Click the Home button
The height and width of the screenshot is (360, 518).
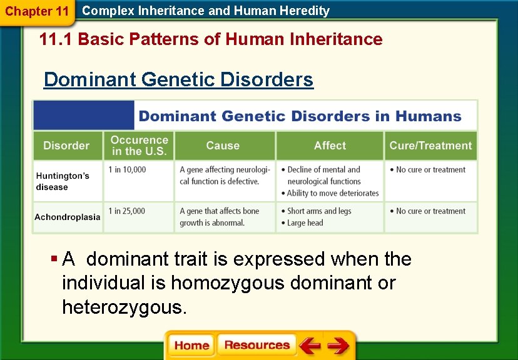[191, 346]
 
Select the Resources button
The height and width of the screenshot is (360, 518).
[257, 346]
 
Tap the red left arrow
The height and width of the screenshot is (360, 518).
[309, 346]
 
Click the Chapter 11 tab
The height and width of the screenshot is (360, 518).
[37, 11]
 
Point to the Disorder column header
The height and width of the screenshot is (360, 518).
[66, 146]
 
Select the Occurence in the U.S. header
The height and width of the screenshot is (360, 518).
[139, 146]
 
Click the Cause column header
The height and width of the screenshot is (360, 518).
[223, 146]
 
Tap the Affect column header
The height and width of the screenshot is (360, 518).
[330, 146]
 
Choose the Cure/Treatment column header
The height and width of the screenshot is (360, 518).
[430, 146]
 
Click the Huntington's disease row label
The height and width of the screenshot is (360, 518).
[63, 181]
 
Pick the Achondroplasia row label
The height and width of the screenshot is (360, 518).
[68, 217]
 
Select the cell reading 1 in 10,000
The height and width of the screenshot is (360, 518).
[127, 169]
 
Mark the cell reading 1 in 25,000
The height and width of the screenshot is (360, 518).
[127, 211]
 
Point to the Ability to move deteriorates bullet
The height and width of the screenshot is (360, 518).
[333, 193]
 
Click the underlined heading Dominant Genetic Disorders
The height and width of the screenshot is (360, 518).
[178, 80]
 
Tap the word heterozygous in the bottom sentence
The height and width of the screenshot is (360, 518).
[123, 307]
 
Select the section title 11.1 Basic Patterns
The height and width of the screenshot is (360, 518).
[210, 39]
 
